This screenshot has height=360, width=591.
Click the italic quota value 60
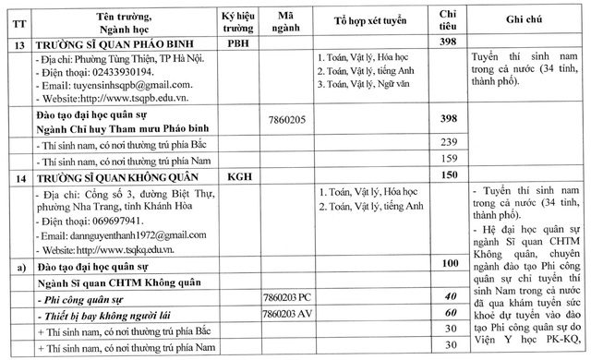451,314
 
